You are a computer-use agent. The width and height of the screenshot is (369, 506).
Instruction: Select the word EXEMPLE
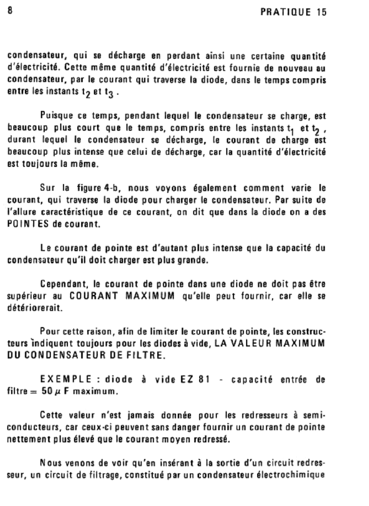(62, 379)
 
